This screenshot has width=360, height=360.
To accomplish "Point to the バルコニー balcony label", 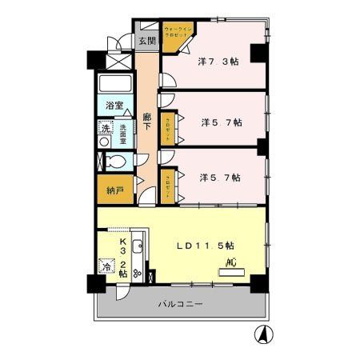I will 181,305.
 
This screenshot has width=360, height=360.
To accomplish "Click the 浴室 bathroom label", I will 114,106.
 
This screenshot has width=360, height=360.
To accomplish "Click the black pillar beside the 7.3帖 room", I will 258,54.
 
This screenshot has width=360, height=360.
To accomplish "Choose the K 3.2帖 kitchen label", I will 123,258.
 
